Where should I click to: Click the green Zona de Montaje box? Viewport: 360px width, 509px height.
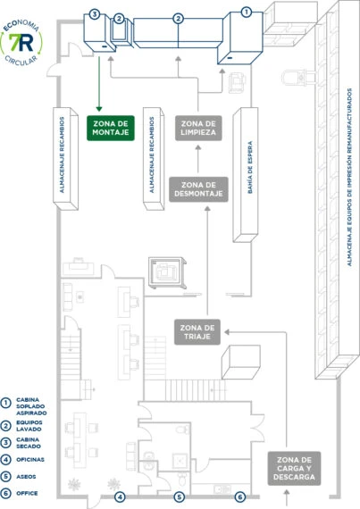tap(111, 128)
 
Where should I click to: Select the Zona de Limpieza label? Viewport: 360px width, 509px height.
tap(198, 128)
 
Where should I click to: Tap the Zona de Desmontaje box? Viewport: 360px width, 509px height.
tap(198, 189)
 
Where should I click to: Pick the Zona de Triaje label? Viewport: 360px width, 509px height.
tap(197, 332)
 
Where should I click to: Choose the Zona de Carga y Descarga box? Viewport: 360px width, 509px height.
tap(294, 469)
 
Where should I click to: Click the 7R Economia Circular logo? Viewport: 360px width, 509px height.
tap(21, 43)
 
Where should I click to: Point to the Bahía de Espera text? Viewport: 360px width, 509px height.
tap(250, 168)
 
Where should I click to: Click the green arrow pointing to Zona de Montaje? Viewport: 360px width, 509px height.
tap(99, 84)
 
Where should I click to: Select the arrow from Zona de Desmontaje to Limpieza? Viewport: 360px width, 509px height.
tap(198, 159)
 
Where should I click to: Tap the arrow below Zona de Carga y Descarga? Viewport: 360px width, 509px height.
tap(287, 497)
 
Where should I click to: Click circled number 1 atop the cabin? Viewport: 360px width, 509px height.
tap(247, 13)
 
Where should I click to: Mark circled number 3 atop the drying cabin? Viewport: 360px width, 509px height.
tap(94, 14)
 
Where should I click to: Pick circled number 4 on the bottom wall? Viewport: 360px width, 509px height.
tap(120, 496)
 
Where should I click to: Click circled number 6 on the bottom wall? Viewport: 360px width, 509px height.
tap(240, 496)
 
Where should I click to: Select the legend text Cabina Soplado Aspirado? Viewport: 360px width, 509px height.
tap(31, 406)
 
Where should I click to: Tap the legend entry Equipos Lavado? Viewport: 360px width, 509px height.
tap(29, 426)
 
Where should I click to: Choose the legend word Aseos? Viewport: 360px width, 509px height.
tap(26, 477)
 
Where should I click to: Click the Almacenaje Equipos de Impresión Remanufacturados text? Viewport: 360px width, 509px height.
tap(349, 177)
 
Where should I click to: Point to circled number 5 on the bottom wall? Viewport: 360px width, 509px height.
tap(179, 496)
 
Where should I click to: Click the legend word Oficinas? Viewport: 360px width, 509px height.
tap(30, 459)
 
